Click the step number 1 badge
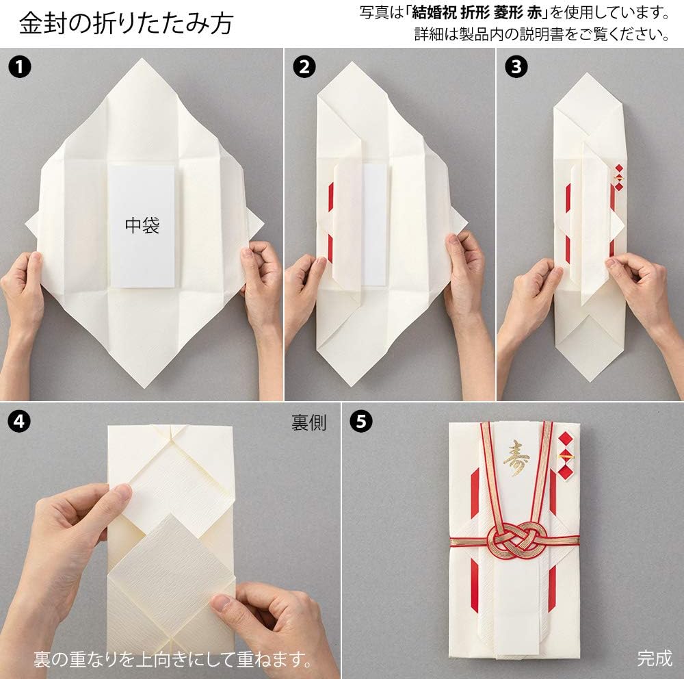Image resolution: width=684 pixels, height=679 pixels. (x=20, y=67)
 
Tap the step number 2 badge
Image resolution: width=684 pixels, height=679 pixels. (x=304, y=67)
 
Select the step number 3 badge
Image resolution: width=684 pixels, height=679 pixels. (x=516, y=67)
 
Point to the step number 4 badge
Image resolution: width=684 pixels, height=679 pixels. (x=20, y=422)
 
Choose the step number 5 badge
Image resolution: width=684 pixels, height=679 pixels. (x=362, y=422)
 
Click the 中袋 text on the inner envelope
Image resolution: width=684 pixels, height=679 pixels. (x=142, y=225)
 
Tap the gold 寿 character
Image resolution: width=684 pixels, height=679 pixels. (x=516, y=459)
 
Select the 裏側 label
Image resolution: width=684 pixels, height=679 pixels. (x=309, y=423)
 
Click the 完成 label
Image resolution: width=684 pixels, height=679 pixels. (x=655, y=658)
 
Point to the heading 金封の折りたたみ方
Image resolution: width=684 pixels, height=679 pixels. (x=127, y=23)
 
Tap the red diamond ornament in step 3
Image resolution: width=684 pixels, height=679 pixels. (x=619, y=178)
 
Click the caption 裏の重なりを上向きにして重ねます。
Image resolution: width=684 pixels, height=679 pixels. (x=173, y=659)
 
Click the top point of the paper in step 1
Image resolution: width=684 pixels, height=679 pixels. (x=142, y=59)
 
